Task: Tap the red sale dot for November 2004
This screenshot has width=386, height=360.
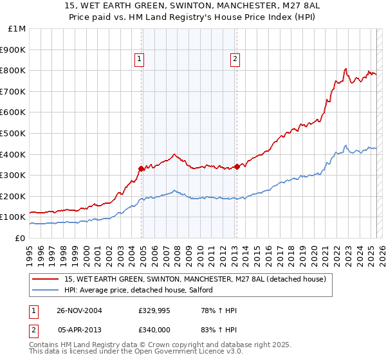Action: coord(142,168)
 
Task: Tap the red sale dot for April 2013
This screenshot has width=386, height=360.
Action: coord(237,166)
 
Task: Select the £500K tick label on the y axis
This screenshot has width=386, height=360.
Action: coord(14,133)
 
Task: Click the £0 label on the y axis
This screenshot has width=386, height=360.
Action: coord(20,238)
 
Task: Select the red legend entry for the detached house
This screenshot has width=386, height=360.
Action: coord(196,279)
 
